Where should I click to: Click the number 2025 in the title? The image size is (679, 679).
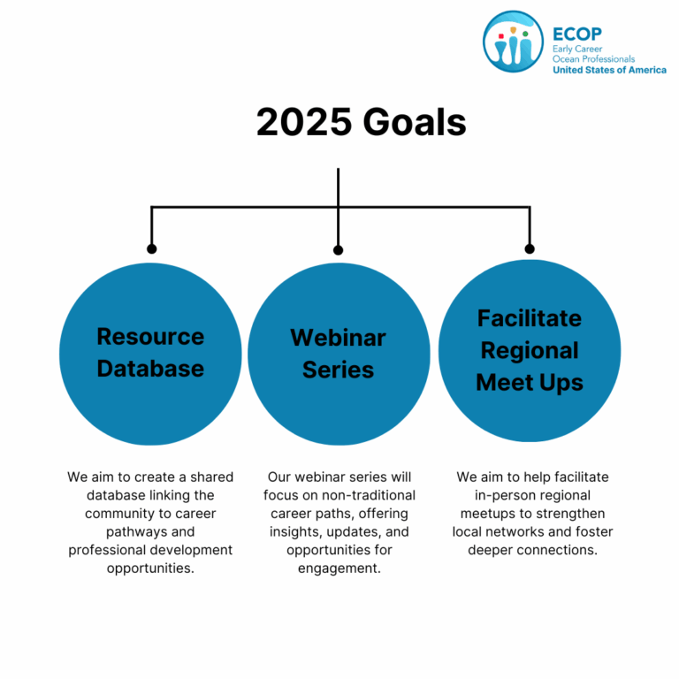pos(304,122)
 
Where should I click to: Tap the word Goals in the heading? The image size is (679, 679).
pos(415,122)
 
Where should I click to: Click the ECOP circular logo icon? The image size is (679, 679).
pos(513,42)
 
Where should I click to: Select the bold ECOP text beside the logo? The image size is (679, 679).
pos(577,34)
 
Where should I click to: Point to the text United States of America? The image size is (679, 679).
pos(609,70)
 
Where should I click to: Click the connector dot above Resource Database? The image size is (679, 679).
pos(151,249)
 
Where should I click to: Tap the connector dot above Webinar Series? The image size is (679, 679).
pos(339,250)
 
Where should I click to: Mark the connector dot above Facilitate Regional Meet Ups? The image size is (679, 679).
pos(530,249)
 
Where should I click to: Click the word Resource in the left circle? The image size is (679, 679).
pos(150,337)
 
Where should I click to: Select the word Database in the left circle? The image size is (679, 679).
pos(150,369)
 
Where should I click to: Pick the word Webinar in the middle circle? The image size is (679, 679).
pos(338,338)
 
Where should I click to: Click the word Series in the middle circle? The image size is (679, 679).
pos(338,370)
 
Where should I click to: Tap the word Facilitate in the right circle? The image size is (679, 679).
pos(530,318)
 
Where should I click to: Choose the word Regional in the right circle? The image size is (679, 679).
pos(530,351)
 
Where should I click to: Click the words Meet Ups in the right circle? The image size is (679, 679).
pos(530,383)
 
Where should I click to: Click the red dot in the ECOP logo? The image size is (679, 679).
pos(501,36)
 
